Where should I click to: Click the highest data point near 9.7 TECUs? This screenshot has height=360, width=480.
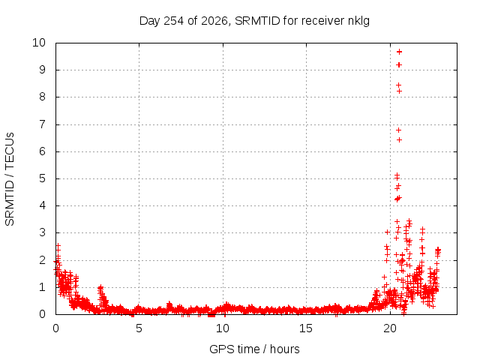click(399, 52)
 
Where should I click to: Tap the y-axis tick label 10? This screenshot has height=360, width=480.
click(39, 43)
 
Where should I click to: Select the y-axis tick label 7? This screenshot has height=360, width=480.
click(42, 124)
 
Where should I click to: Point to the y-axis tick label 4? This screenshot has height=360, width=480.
click(42, 205)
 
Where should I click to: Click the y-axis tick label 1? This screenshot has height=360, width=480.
click(42, 287)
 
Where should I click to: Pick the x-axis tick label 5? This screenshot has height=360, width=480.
click(139, 328)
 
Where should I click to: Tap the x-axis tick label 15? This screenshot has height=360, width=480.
click(306, 328)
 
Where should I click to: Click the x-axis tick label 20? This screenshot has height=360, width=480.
click(390, 328)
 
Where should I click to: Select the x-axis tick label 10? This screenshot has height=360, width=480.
click(223, 328)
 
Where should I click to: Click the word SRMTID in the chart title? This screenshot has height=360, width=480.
click(257, 21)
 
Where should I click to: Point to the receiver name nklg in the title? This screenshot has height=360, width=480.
click(358, 21)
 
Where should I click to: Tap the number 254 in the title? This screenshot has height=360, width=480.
click(173, 21)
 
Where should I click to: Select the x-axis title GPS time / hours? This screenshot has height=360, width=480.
click(254, 349)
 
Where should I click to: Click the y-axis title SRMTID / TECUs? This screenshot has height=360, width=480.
click(10, 179)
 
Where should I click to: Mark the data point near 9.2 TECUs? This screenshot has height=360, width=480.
click(399, 65)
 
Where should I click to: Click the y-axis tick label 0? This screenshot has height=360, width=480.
click(42, 314)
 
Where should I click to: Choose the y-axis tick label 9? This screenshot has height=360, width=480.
click(42, 70)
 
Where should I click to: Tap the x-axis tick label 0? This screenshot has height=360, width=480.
click(55, 328)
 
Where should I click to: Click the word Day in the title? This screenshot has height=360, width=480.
click(149, 21)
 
